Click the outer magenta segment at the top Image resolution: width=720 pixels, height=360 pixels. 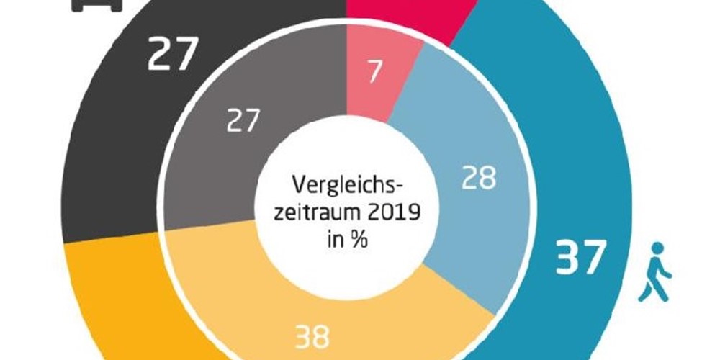(x=410, y=18)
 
